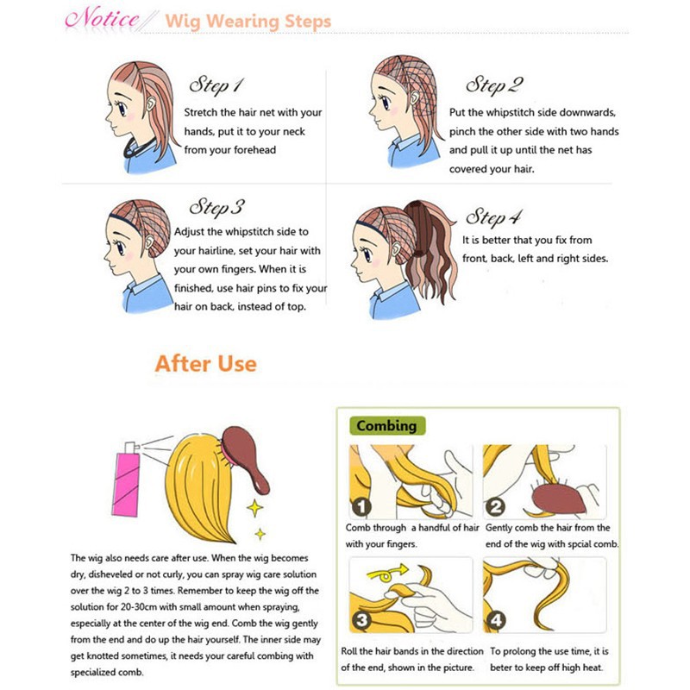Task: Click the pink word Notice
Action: [102, 18]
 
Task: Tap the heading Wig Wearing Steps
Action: [248, 21]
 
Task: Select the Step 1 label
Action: [216, 85]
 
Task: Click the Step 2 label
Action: [494, 85]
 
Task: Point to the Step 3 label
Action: [216, 207]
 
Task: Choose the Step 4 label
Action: [493, 217]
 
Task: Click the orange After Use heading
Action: [205, 364]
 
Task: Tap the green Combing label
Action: [387, 425]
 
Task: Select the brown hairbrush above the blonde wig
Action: [244, 458]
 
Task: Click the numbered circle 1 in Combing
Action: [361, 507]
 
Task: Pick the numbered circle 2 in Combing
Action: [495, 507]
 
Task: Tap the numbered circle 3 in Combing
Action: [361, 620]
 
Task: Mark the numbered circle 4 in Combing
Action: [496, 620]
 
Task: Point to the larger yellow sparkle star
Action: [254, 508]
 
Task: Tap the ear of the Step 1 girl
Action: [151, 103]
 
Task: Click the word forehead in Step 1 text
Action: [254, 150]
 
